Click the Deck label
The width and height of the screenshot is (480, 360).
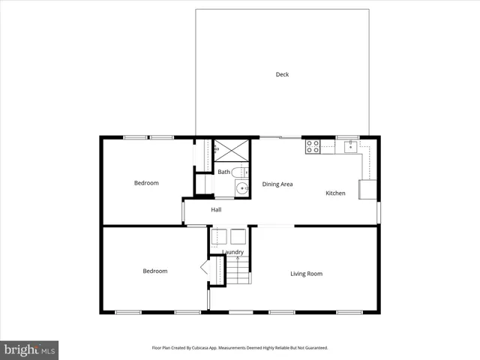click(282, 74)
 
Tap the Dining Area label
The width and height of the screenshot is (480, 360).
click(277, 184)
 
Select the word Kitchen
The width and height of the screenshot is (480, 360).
click(335, 193)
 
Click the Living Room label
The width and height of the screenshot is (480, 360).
click(306, 274)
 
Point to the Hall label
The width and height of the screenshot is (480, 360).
click(216, 210)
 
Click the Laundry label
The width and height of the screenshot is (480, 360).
click(232, 252)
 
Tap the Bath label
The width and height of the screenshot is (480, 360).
click(223, 172)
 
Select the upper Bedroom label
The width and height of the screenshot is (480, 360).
click(146, 183)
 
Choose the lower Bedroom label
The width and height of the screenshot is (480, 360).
click(155, 271)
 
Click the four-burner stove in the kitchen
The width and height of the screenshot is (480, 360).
click(313, 146)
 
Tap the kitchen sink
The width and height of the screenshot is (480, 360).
click(349, 146)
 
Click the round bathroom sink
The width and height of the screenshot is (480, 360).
click(241, 188)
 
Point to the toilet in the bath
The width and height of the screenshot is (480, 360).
click(239, 173)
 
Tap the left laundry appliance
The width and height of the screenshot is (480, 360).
click(219, 236)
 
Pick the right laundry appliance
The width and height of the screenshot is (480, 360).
click(238, 236)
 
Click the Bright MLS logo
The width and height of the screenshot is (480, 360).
click(29, 349)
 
